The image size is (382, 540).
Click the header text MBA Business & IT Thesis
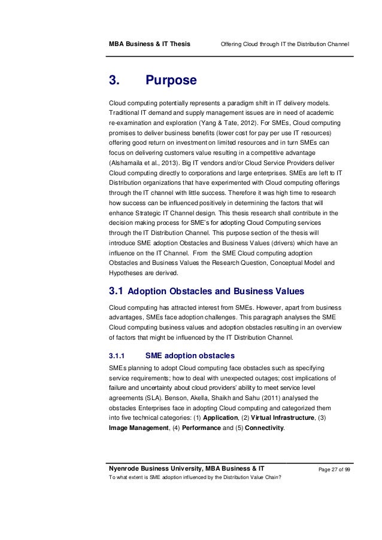(148, 45)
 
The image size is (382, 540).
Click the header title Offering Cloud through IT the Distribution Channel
(285, 45)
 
